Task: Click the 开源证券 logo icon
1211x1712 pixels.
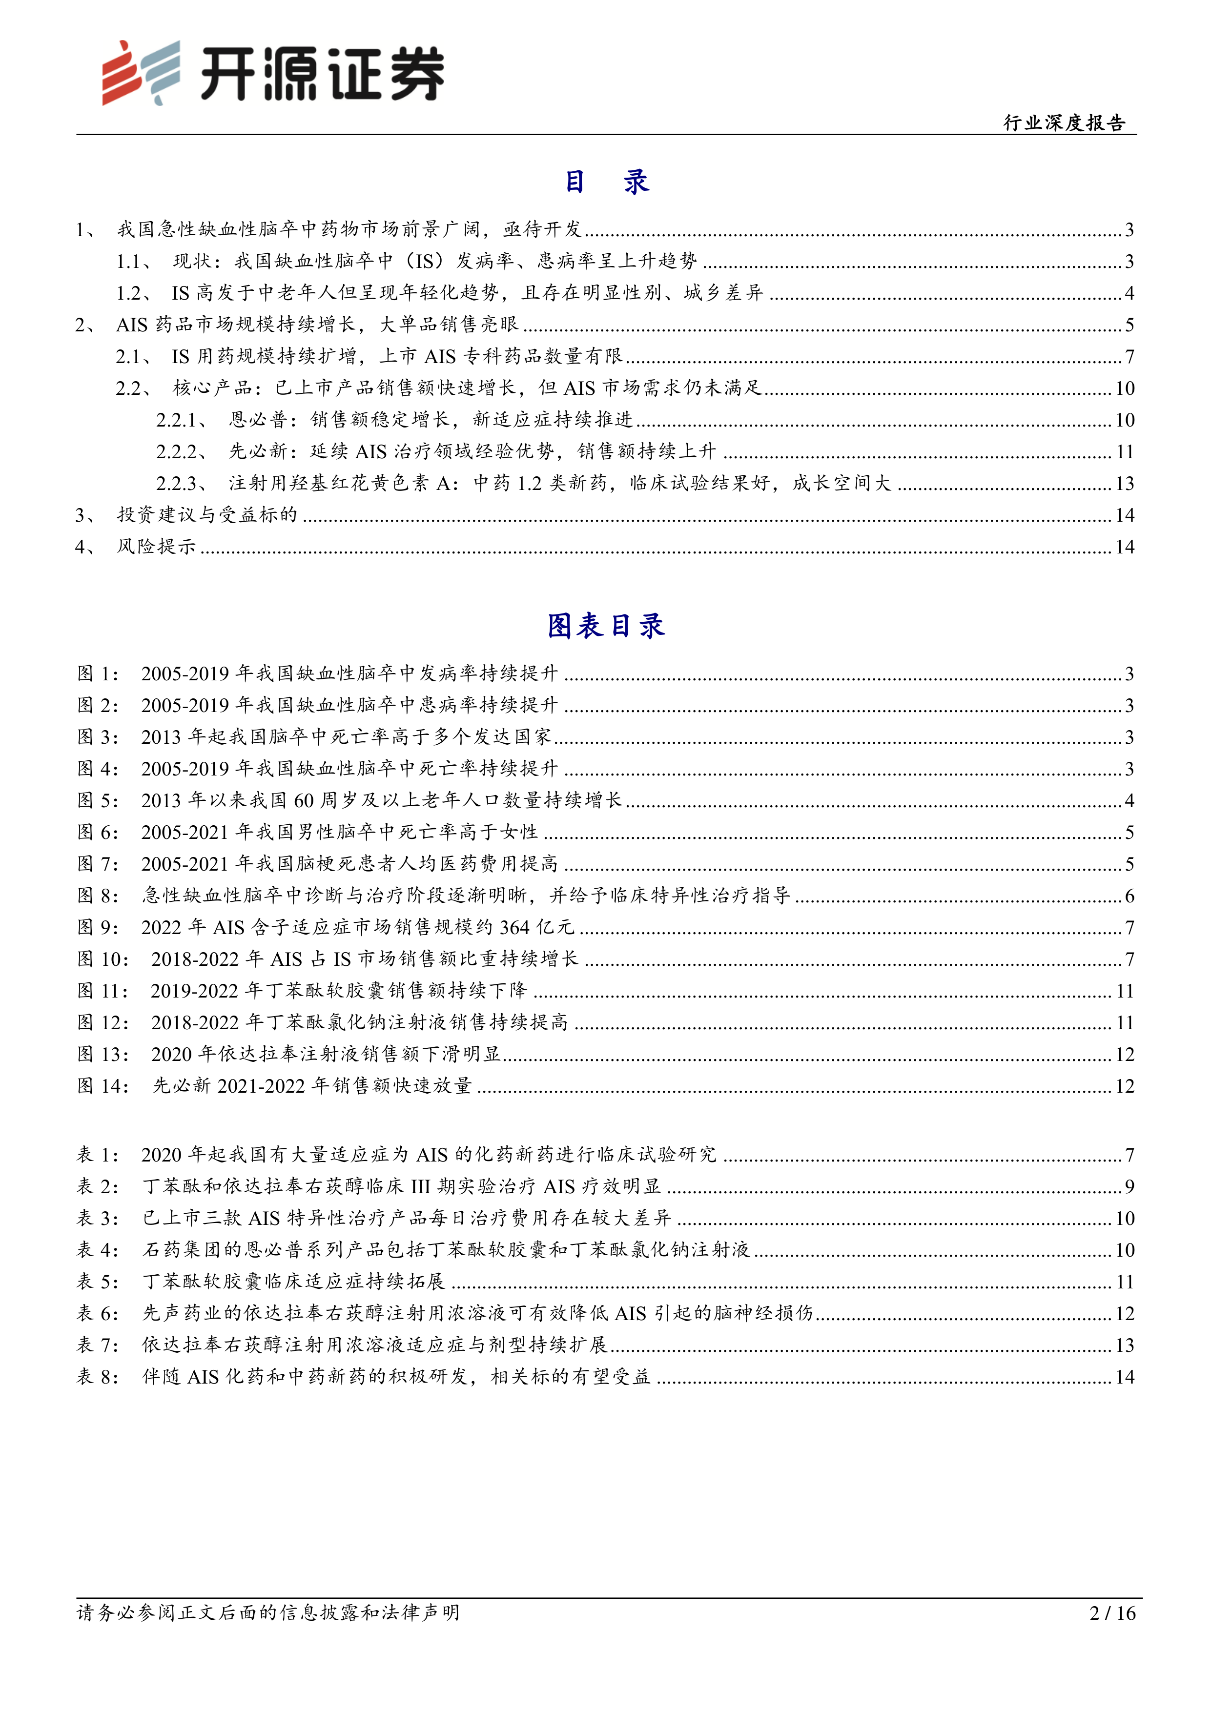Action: [141, 72]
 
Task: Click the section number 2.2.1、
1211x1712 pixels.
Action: [182, 420]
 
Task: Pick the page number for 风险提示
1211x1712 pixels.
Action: [1125, 547]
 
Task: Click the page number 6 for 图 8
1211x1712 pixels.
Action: [1129, 896]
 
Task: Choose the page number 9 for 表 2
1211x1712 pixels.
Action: [1129, 1186]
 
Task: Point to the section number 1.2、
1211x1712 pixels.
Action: [134, 293]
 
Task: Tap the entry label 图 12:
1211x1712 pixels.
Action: [103, 1022]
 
